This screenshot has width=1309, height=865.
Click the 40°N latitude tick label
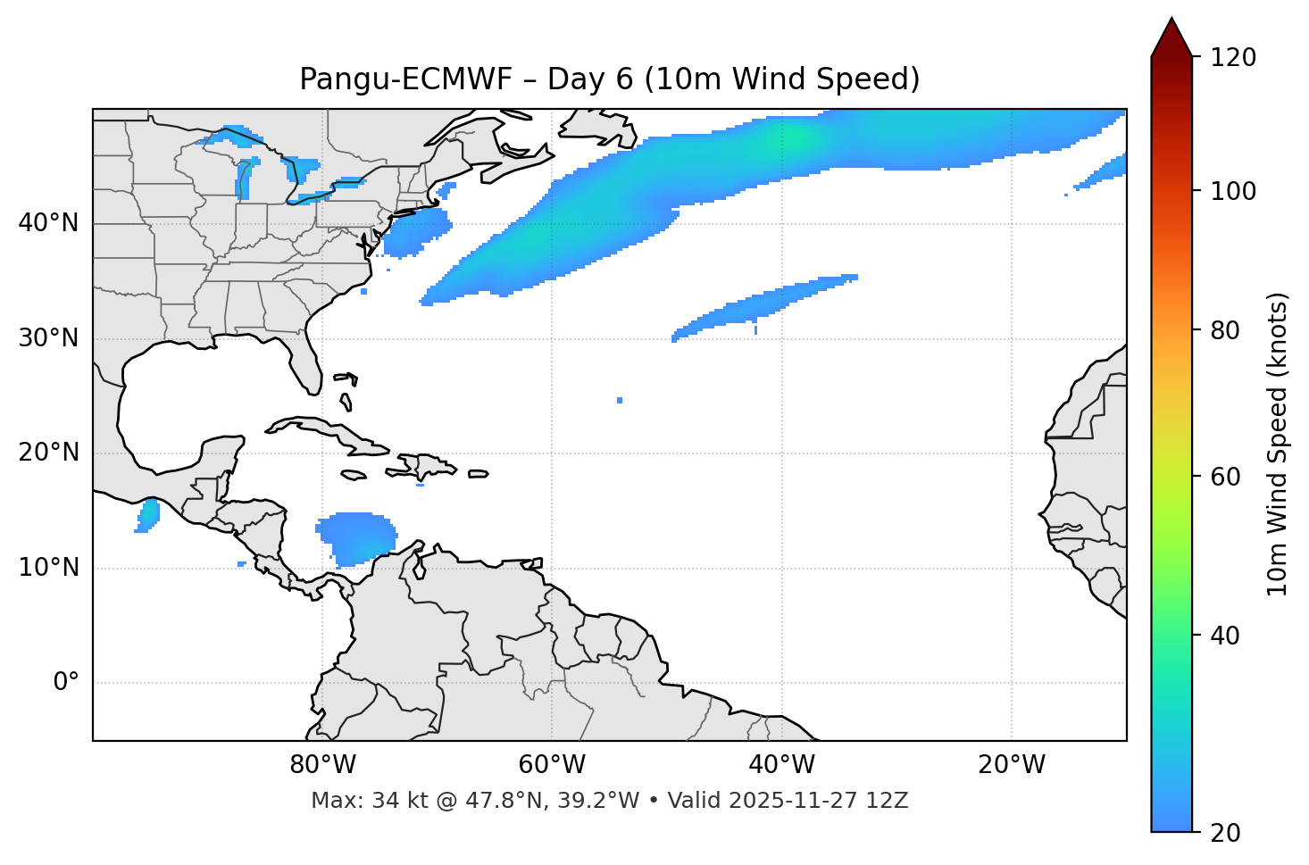point(48,223)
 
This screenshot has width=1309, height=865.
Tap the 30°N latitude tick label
point(48,338)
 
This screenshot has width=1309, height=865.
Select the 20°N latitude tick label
point(48,453)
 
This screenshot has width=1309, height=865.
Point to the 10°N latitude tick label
point(48,568)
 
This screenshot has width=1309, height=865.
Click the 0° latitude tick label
point(65,683)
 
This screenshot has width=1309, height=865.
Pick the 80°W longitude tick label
point(322,765)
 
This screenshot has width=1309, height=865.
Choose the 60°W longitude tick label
point(552,765)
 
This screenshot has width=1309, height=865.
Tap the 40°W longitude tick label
point(781,765)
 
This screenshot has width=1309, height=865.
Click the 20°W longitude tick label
point(1012,765)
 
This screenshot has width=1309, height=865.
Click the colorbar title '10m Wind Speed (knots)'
point(1278,445)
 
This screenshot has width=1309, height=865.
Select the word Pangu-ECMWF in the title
point(405,79)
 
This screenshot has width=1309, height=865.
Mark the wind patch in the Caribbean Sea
point(356,537)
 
